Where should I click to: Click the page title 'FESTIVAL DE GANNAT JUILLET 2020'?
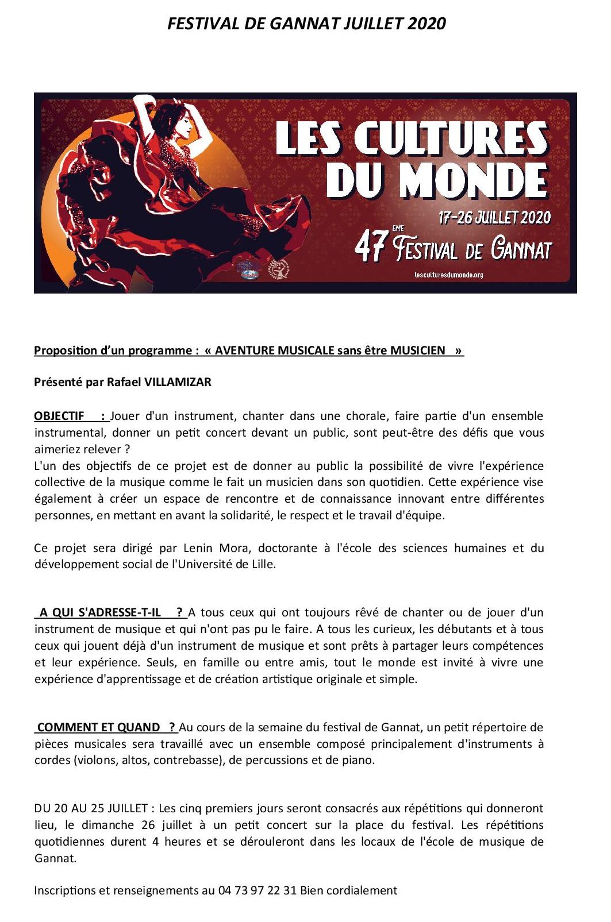pyautogui.click(x=306, y=24)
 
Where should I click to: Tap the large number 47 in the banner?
pyautogui.click(x=370, y=248)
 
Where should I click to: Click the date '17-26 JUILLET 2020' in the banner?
pyautogui.click(x=494, y=218)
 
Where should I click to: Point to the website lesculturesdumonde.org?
pyautogui.click(x=448, y=275)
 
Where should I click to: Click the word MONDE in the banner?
pyautogui.click(x=472, y=180)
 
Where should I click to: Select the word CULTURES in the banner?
pyautogui.click(x=450, y=138)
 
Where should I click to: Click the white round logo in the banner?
pyautogui.click(x=278, y=268)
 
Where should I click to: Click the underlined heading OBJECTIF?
pyautogui.click(x=59, y=416)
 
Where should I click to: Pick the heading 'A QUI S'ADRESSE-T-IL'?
pyautogui.click(x=101, y=612)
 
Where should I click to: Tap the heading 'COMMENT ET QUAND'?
pyautogui.click(x=99, y=727)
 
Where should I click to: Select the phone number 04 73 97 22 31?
pyautogui.click(x=258, y=890)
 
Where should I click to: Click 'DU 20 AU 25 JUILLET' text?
pyautogui.click(x=91, y=808)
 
